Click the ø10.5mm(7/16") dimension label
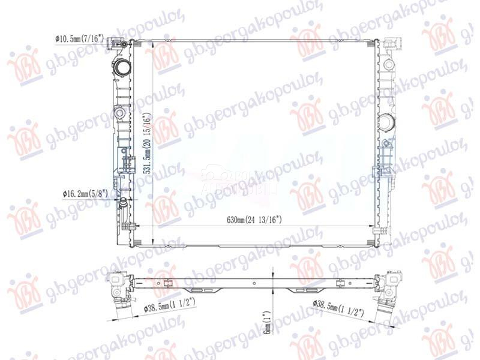tap(80, 39)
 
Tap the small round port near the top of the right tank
tap(388, 64)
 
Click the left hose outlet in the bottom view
tap(117, 300)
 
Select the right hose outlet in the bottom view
tap(385, 303)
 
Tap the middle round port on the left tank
tap(119, 112)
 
